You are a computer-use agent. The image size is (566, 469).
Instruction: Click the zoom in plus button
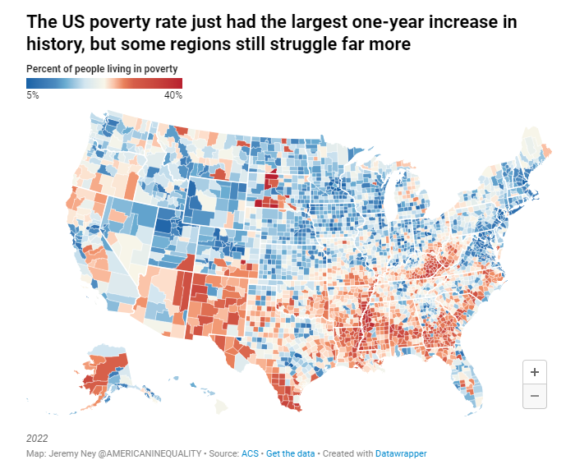pyautogui.click(x=535, y=372)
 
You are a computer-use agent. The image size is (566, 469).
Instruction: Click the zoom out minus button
pyautogui.click(x=535, y=396)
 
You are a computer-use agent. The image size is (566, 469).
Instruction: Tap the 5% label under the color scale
pyautogui.click(x=33, y=95)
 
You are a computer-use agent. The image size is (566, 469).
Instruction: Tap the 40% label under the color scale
pyautogui.click(x=173, y=95)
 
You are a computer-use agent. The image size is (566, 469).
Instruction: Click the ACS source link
pyautogui.click(x=250, y=453)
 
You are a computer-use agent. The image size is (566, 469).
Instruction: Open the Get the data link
pyautogui.click(x=290, y=453)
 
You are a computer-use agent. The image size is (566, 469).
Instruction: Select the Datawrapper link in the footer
pyautogui.click(x=401, y=453)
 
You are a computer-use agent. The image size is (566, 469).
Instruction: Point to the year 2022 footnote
pyautogui.click(x=37, y=439)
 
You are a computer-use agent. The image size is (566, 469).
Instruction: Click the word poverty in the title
pyautogui.click(x=120, y=22)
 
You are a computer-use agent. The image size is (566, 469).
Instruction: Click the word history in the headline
pyautogui.click(x=55, y=44)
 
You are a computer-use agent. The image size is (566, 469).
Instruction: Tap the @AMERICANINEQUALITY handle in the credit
pyautogui.click(x=150, y=453)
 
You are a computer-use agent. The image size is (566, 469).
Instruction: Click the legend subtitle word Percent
pyautogui.click(x=40, y=69)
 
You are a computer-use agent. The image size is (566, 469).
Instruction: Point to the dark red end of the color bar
pyautogui.click(x=179, y=84)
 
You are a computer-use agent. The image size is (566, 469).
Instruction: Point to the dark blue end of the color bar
pyautogui.click(x=30, y=84)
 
